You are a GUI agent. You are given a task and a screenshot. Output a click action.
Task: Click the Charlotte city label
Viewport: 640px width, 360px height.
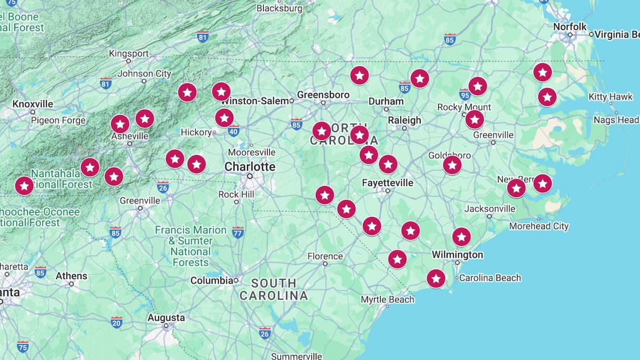point(249,167)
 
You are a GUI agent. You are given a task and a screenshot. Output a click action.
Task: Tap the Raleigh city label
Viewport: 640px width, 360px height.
point(405,120)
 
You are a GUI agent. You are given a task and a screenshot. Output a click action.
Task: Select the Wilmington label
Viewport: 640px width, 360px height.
point(457,255)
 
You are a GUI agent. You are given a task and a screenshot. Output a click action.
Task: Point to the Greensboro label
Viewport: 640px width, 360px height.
point(323,95)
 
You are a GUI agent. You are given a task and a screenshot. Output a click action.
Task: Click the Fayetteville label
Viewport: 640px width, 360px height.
point(387,183)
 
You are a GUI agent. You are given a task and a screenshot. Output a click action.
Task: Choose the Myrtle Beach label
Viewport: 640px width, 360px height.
point(387,300)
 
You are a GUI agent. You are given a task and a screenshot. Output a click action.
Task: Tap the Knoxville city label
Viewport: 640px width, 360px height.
point(33,104)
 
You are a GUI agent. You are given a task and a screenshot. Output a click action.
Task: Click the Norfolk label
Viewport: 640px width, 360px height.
point(570,27)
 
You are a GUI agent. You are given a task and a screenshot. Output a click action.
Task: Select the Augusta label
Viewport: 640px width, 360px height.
point(166,318)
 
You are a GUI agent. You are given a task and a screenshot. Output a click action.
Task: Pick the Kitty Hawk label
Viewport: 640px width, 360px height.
point(610,97)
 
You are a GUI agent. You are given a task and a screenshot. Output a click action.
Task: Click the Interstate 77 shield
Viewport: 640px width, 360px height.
point(238,232)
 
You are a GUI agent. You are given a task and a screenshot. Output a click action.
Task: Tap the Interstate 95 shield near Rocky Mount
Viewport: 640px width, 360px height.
point(465,95)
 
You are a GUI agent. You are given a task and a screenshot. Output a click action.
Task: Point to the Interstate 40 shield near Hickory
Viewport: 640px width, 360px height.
point(233,131)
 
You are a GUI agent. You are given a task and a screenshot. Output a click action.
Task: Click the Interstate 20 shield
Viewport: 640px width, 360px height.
point(116,322)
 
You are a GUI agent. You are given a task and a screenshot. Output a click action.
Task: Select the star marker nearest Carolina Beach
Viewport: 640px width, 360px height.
point(436,278)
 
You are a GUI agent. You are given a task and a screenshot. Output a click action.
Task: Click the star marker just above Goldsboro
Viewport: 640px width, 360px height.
point(452,165)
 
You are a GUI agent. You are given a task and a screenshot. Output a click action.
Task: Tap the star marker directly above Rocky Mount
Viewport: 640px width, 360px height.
point(477,86)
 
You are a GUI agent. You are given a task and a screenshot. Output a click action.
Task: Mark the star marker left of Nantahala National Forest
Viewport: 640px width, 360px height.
point(24,186)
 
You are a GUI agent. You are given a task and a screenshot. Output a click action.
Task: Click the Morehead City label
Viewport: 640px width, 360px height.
point(539,226)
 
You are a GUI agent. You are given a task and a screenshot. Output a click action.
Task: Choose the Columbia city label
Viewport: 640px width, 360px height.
point(212,280)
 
